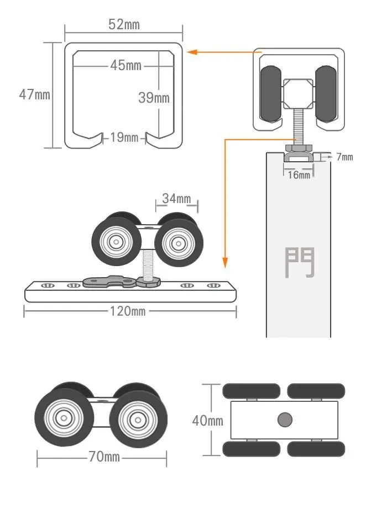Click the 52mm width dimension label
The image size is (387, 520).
tap(124, 24)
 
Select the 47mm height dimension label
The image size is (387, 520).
tap(34, 94)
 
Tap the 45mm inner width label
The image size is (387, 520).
tap(125, 65)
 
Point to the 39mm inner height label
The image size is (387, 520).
tap(154, 98)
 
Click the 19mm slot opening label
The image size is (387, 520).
tap(124, 137)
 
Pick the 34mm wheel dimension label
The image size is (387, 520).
tap(176, 198)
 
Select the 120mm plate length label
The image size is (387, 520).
tap(127, 311)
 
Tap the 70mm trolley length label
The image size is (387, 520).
tap(104, 457)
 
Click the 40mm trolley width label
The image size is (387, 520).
tap(207, 421)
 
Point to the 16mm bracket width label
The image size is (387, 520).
tap(299, 175)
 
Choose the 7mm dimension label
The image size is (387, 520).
tap(344, 157)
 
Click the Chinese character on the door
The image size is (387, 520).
tap(300, 262)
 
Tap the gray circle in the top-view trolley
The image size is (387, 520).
tap(285, 420)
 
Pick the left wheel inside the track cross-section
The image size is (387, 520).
tap(271, 93)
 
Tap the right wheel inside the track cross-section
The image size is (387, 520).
tap(326, 93)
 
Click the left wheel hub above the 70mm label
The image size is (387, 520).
tap(64, 418)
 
